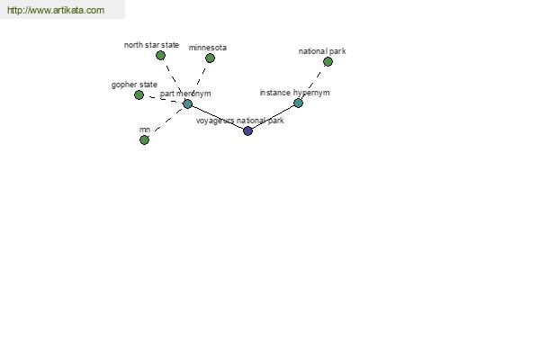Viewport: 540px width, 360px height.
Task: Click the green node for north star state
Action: click(x=160, y=56)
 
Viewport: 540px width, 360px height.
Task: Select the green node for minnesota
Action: click(x=210, y=58)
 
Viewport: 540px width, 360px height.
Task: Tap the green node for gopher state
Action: click(x=139, y=94)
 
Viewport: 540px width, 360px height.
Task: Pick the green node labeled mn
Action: click(x=144, y=139)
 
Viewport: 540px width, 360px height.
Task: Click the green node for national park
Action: click(x=328, y=62)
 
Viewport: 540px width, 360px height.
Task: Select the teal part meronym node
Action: click(x=187, y=103)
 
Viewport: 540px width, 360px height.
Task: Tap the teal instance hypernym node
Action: click(x=298, y=103)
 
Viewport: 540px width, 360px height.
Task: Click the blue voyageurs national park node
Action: click(x=248, y=130)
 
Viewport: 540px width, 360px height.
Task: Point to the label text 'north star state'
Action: click(x=151, y=45)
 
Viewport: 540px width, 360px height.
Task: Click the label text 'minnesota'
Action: click(x=208, y=48)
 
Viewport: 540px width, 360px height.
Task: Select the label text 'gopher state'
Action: click(x=134, y=85)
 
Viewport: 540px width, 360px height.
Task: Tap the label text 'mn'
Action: click(x=145, y=130)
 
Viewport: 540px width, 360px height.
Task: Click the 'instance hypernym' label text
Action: click(x=295, y=93)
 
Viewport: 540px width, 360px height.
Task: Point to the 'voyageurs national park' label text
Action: click(x=240, y=121)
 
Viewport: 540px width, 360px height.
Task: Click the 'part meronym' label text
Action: click(x=185, y=94)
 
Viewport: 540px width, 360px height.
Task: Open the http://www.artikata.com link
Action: click(x=56, y=10)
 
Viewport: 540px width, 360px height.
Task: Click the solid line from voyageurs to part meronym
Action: click(x=218, y=118)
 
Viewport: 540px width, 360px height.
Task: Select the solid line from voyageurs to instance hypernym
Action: click(x=273, y=117)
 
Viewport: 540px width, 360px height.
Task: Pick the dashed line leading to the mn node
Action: click(x=167, y=121)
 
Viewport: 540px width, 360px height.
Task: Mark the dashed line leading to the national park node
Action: click(x=314, y=81)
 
